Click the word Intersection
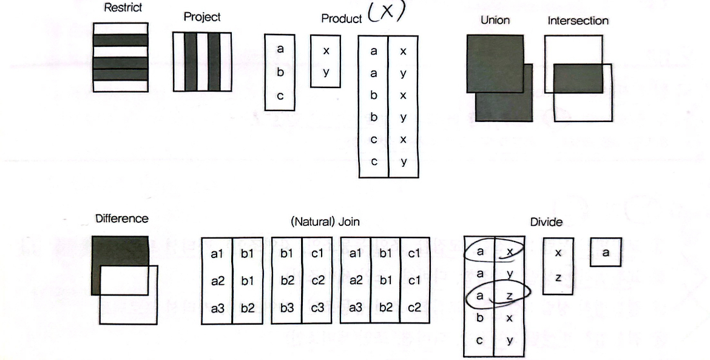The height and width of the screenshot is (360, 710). pos(578,21)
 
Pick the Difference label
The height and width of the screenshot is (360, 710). pos(121,219)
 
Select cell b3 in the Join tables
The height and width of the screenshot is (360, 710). pos(286,308)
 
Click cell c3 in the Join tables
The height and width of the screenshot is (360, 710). pos(317,308)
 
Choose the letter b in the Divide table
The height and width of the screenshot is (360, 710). pos(479,318)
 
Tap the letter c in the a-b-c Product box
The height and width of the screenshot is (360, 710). pos(280,96)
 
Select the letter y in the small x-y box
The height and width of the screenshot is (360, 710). pos(326,72)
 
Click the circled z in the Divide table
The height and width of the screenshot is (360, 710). pos(510,296)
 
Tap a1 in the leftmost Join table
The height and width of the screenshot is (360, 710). pos(217,254)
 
